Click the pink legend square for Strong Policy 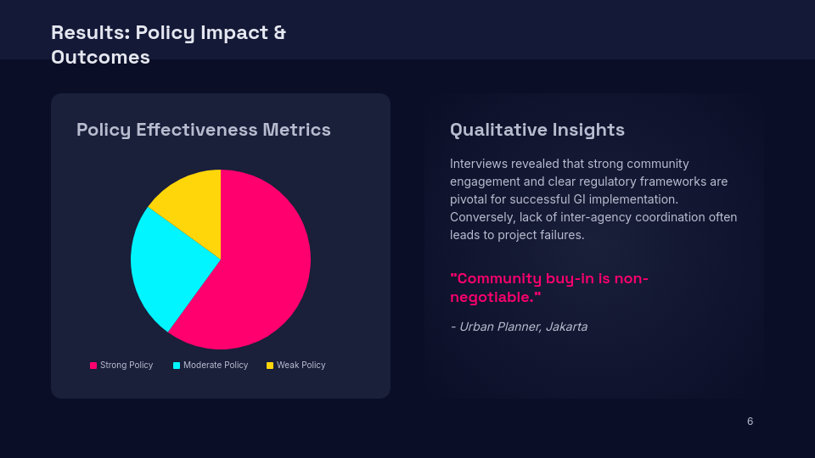(93, 366)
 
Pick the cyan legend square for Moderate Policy (177, 366)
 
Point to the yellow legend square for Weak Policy (270, 366)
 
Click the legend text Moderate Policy (216, 365)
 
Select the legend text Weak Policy (301, 365)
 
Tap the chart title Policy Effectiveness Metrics (203, 130)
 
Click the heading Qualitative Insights (537, 130)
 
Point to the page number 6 (750, 422)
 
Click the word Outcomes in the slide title (100, 57)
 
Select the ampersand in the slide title (279, 32)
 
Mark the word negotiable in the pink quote (492, 297)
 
